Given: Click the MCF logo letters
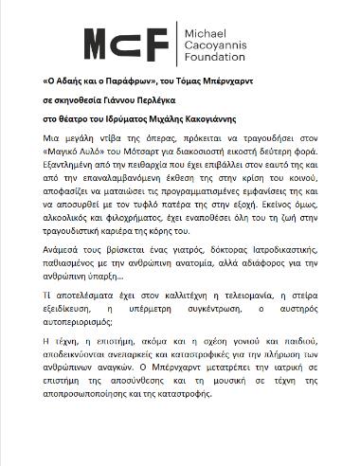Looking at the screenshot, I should click(x=127, y=44).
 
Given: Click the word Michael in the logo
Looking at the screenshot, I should click(x=202, y=31).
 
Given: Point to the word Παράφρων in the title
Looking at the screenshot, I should click(x=150, y=82).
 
